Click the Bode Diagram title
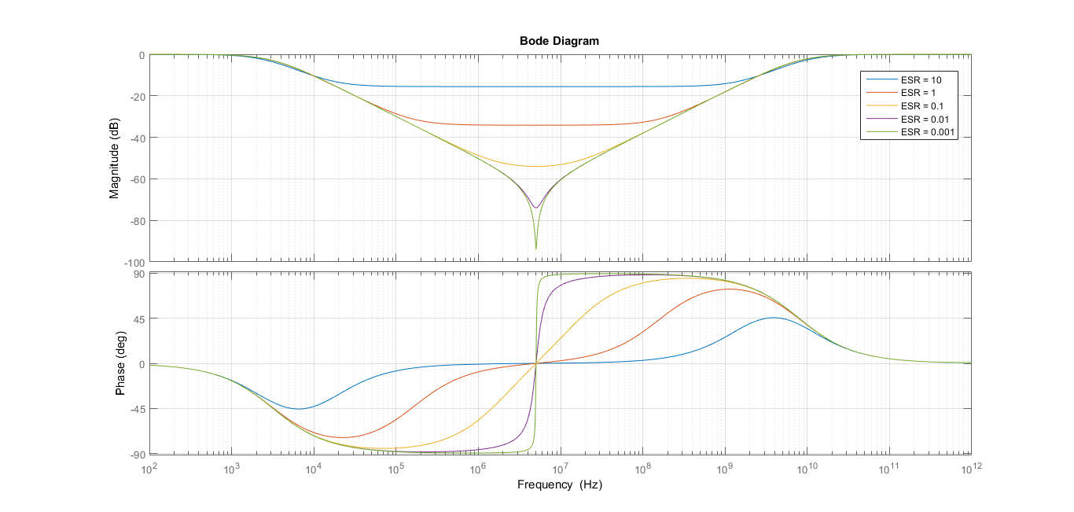[559, 41]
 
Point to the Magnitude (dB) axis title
[115, 158]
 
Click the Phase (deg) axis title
[120, 363]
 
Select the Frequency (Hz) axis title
[559, 485]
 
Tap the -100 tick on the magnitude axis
[134, 262]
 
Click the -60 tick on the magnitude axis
[137, 179]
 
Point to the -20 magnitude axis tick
[137, 96]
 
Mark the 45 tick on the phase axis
[138, 319]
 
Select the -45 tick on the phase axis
[137, 409]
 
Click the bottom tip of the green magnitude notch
[536, 249]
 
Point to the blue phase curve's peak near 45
[774, 318]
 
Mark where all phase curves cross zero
[536, 363]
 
